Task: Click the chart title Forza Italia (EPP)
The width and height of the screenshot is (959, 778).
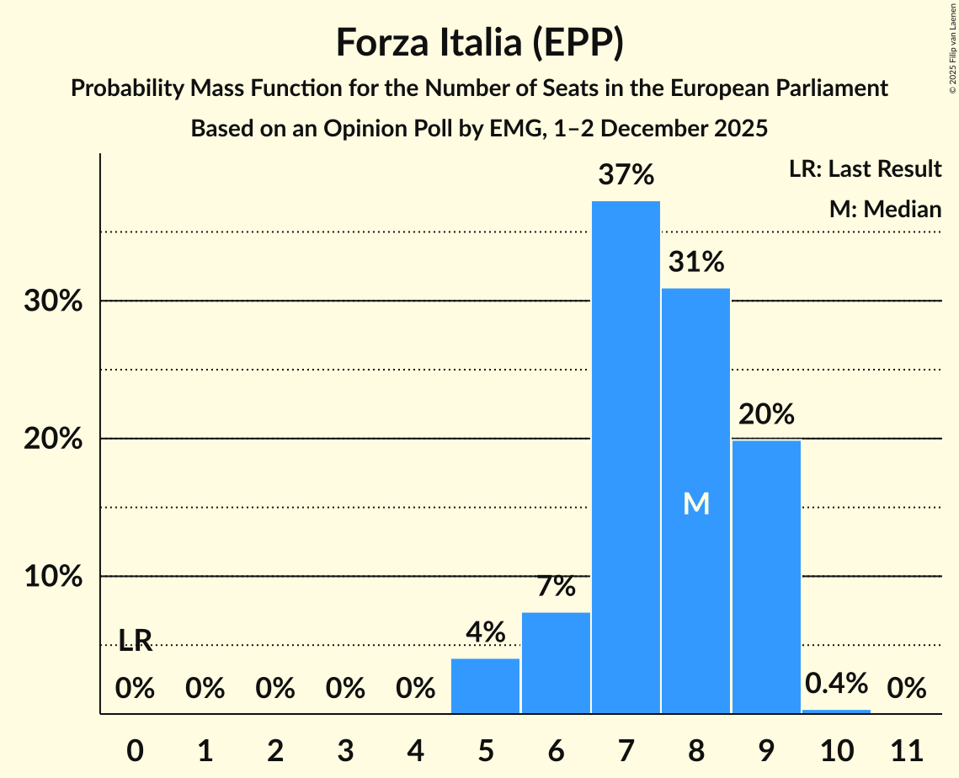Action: click(x=479, y=43)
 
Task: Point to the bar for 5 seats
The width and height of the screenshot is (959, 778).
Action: click(x=485, y=685)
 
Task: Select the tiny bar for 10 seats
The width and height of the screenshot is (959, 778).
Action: click(x=836, y=711)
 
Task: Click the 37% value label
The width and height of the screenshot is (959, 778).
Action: click(x=626, y=175)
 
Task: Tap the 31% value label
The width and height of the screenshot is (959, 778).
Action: click(x=695, y=263)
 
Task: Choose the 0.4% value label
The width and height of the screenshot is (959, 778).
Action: click(x=836, y=683)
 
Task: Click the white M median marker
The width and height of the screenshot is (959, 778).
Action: click(x=695, y=504)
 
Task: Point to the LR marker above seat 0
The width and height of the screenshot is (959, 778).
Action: click(x=135, y=641)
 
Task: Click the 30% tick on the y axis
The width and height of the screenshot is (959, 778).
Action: click(x=53, y=301)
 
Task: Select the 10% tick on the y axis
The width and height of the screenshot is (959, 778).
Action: click(x=53, y=577)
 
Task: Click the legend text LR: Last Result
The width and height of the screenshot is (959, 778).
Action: click(x=865, y=169)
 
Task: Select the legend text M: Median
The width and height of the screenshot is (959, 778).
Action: click(x=885, y=209)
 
